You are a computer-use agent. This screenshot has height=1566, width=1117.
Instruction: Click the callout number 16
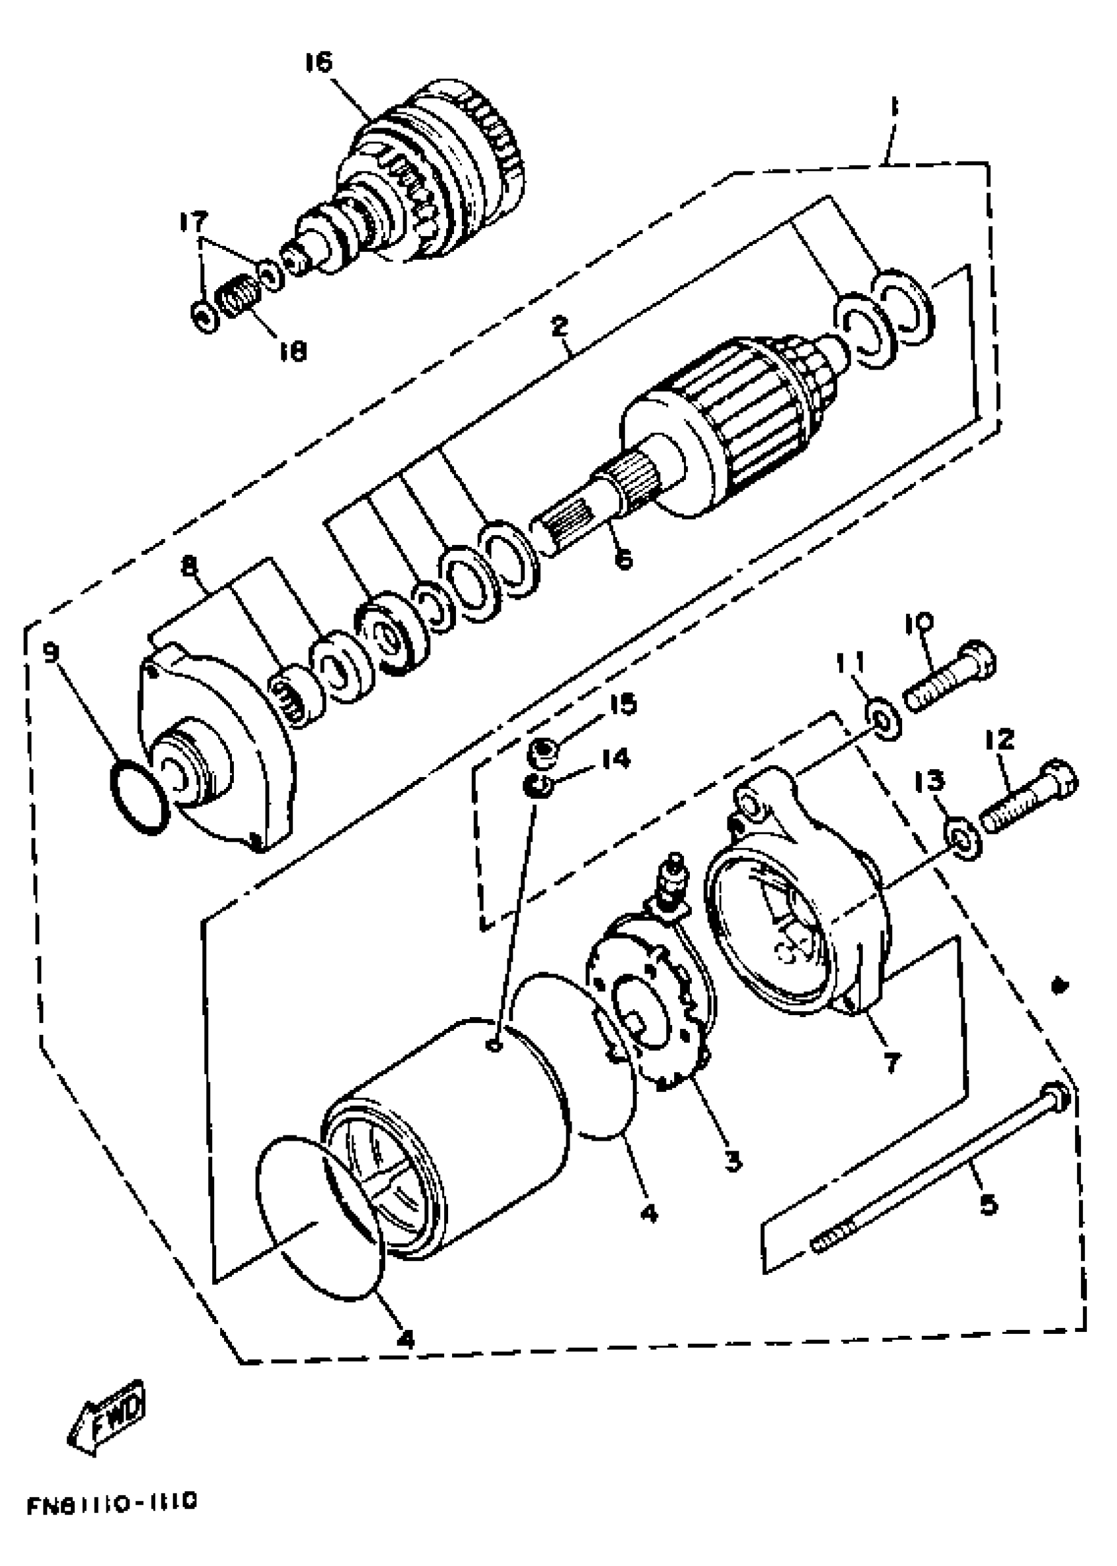[x=319, y=62]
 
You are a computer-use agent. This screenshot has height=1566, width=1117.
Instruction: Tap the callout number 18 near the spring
[x=293, y=352]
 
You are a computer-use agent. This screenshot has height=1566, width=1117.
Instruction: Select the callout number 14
[x=615, y=759]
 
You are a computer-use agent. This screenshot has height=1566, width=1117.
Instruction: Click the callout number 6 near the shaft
[x=622, y=560]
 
